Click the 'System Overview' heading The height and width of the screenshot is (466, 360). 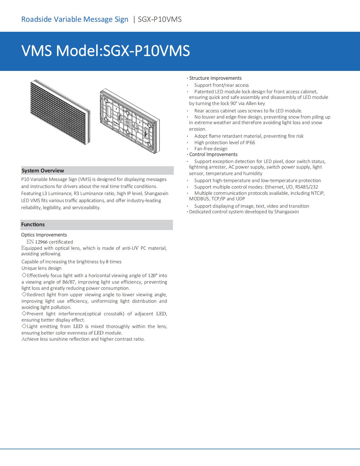pos(43,171)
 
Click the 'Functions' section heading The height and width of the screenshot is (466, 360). pos(33,224)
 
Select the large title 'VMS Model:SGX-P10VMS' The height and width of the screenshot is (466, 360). pos(106,51)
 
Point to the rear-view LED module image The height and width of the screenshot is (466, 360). pos(130,121)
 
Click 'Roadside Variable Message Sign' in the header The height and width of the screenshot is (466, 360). pos(75,19)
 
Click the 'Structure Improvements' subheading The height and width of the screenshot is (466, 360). pos(215,78)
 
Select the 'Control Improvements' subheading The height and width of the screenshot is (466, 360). pos(213,154)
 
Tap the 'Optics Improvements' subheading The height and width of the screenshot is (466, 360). pos(44,235)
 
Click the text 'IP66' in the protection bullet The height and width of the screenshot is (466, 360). pos(250,143)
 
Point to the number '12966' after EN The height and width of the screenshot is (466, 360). pos(41,242)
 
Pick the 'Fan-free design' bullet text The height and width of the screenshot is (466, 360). pos(211,149)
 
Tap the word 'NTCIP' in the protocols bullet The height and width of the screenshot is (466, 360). pos(318,193)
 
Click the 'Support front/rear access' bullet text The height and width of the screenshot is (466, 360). pos(221,85)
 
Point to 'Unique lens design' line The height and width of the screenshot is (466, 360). pos(41,268)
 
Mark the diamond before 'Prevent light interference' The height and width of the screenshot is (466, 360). pos(24,314)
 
